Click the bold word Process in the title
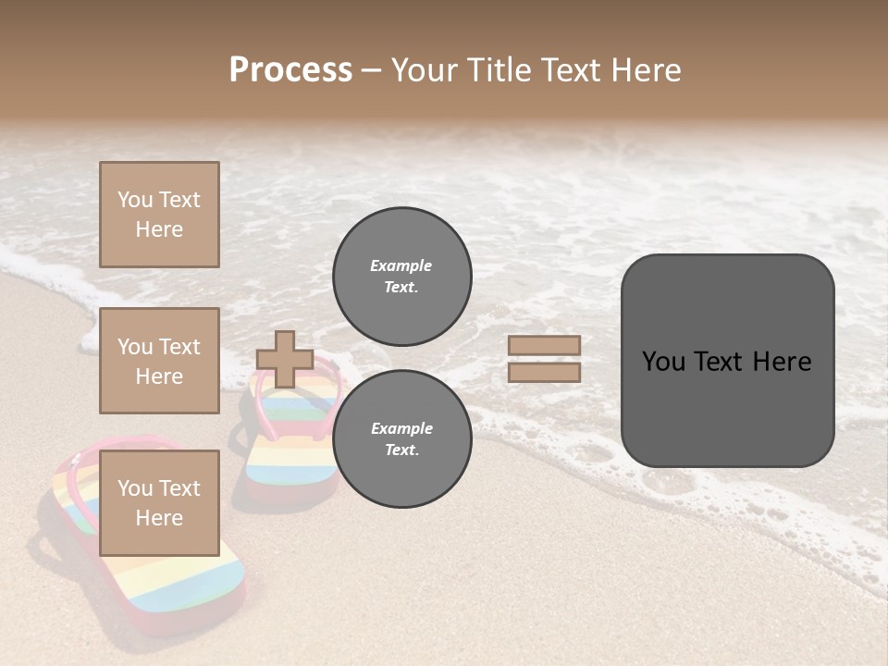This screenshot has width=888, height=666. (x=290, y=70)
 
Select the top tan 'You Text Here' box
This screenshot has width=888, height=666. (x=159, y=215)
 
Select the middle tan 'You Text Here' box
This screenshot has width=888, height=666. (x=159, y=361)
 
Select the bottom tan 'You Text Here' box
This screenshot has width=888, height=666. (x=159, y=502)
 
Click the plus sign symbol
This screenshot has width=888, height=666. (x=285, y=359)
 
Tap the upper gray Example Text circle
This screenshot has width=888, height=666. (x=401, y=276)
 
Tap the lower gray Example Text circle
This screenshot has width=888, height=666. (x=401, y=438)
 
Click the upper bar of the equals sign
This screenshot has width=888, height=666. (x=544, y=346)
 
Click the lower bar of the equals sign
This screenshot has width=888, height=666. (x=544, y=372)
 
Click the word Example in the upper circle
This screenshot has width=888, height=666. (x=401, y=265)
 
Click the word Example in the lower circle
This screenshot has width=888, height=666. (x=401, y=428)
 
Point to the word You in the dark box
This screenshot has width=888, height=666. (x=663, y=362)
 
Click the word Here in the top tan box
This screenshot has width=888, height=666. (x=159, y=229)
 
